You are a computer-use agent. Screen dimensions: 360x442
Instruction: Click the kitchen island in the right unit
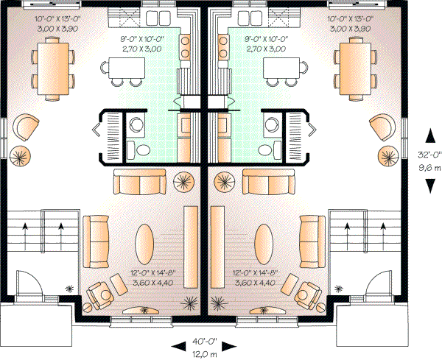[284, 68]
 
